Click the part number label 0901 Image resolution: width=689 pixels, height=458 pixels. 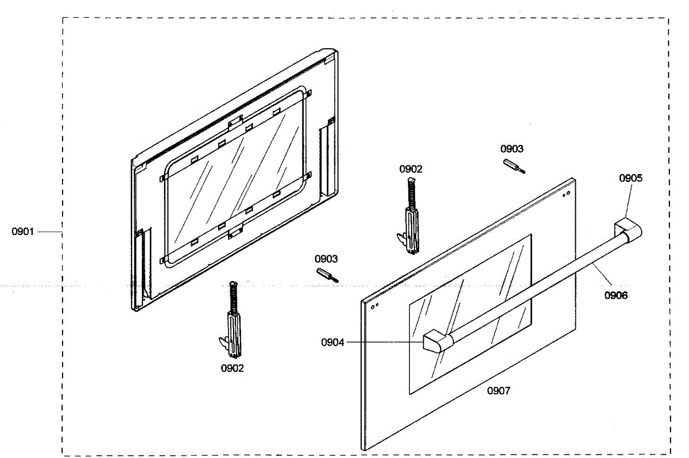(23, 232)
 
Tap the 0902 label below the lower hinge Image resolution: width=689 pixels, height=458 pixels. (232, 368)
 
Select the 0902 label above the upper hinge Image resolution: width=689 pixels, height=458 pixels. (411, 169)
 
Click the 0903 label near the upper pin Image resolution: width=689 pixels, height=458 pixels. (512, 149)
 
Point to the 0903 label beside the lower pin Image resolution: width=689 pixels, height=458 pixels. (326, 259)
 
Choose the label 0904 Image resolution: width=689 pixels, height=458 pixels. (332, 342)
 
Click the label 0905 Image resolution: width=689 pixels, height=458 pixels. (630, 178)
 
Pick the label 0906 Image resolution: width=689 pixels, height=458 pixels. (616, 295)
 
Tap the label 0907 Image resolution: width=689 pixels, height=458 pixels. (498, 391)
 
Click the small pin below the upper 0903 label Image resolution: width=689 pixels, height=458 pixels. (514, 166)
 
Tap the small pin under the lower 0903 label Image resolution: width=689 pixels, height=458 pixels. (327, 275)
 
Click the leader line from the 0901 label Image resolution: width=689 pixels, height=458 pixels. (50, 232)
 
